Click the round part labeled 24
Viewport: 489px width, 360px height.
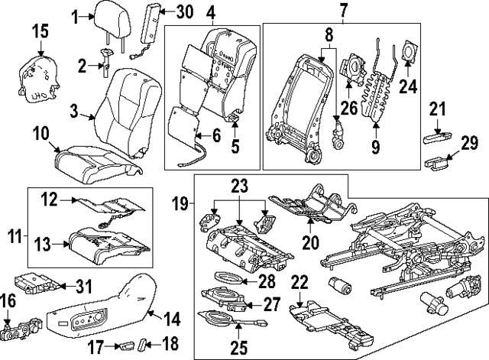click(409, 53)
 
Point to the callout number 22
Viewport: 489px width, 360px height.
click(300, 281)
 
